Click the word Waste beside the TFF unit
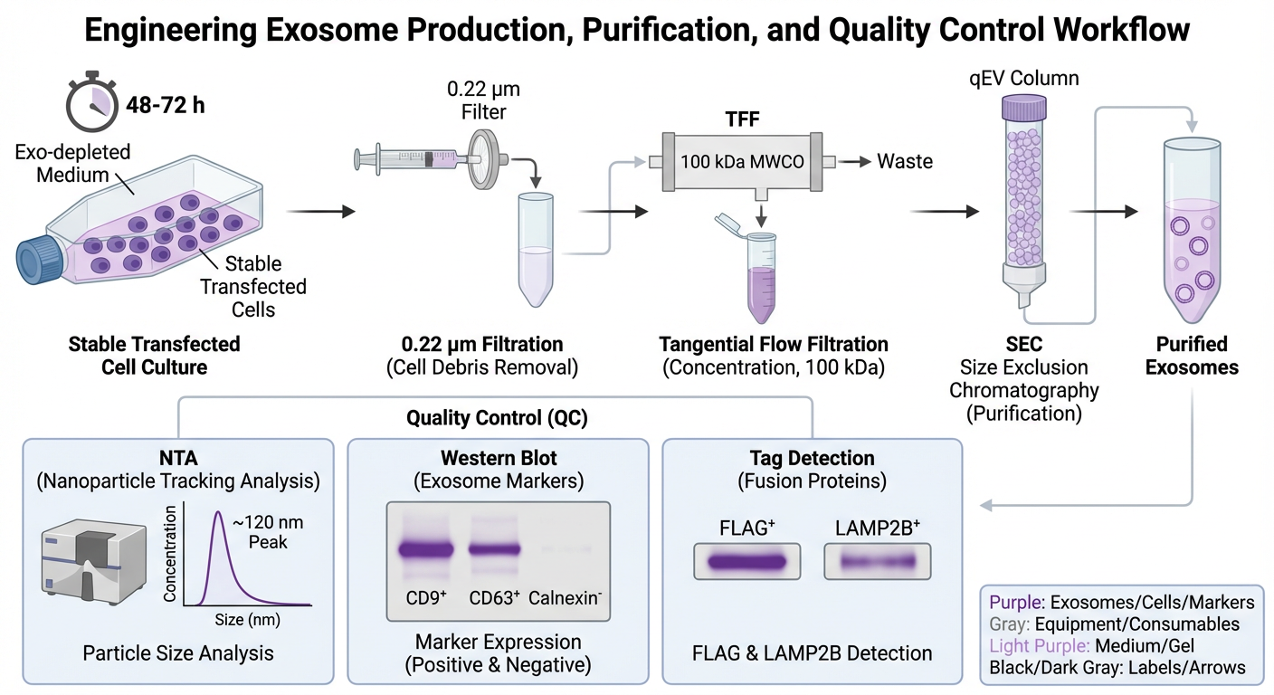click(906, 161)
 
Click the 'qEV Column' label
click(1024, 78)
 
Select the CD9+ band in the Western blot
click(427, 547)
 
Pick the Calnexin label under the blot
click(562, 597)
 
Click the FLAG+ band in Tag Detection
click(746, 560)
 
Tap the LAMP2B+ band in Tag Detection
click(878, 561)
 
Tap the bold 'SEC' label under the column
click(1023, 344)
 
